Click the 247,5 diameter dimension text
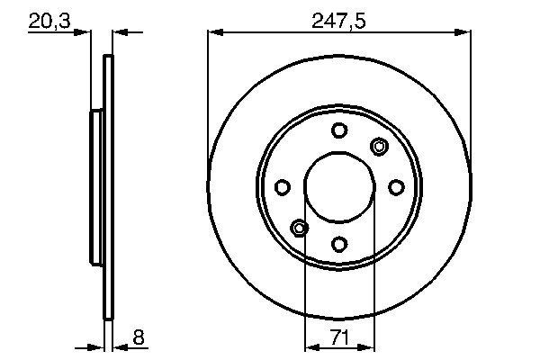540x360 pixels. point(338,20)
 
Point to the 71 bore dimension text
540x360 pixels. point(338,338)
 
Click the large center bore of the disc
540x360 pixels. point(338,186)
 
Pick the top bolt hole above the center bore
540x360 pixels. point(338,130)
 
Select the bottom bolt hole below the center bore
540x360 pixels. point(338,243)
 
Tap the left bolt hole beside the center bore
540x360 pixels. point(282,187)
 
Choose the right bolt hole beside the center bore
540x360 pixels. point(395,186)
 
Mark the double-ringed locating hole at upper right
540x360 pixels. point(379,147)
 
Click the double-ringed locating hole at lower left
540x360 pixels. point(299,227)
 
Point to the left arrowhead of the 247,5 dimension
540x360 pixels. point(214,32)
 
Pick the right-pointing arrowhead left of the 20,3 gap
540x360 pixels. point(85,32)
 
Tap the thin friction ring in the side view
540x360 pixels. point(109,186)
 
